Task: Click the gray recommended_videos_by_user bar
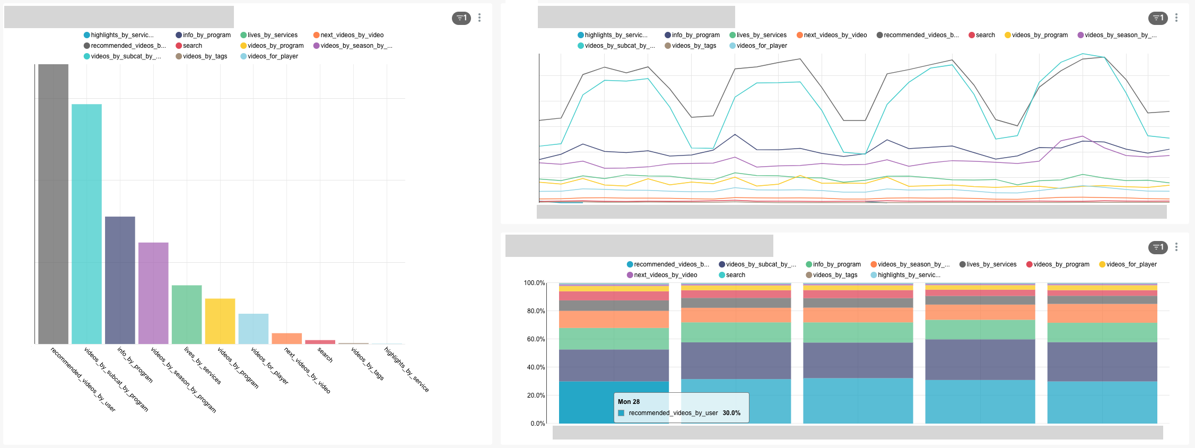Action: (x=53, y=204)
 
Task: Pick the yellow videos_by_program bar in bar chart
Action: (x=220, y=321)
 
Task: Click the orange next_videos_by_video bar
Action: (x=286, y=338)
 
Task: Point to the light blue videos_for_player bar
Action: (x=253, y=329)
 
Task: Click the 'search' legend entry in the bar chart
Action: (x=192, y=46)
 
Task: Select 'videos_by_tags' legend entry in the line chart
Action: (x=693, y=46)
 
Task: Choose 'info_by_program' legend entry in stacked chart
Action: (x=836, y=264)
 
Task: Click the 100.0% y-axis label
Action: (x=534, y=283)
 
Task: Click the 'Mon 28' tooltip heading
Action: (x=629, y=402)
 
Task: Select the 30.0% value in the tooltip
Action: (x=731, y=413)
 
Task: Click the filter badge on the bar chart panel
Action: (x=461, y=18)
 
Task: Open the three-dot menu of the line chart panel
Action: (x=1176, y=18)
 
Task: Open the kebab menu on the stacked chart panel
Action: (x=1176, y=247)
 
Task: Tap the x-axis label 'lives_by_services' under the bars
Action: (x=202, y=365)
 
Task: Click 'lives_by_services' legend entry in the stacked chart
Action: (x=991, y=264)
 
